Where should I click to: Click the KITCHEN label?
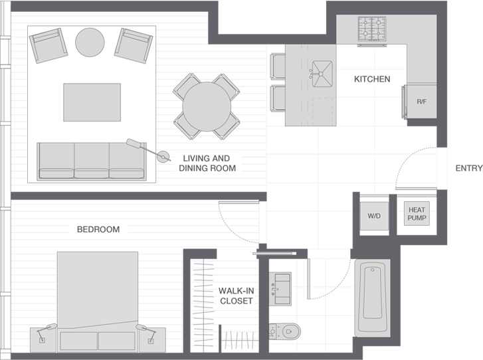372,79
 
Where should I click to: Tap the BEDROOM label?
98,229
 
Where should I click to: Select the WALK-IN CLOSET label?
236,296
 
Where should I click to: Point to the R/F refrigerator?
421,102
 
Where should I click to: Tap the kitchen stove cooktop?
373,29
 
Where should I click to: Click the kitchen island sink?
322,70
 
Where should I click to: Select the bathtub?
372,298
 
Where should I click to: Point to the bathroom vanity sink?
280,288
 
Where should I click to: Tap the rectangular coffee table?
92,102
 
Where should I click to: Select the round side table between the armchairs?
90,42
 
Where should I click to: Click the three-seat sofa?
91,160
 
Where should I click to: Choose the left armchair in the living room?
47,45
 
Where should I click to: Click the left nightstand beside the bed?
43,339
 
